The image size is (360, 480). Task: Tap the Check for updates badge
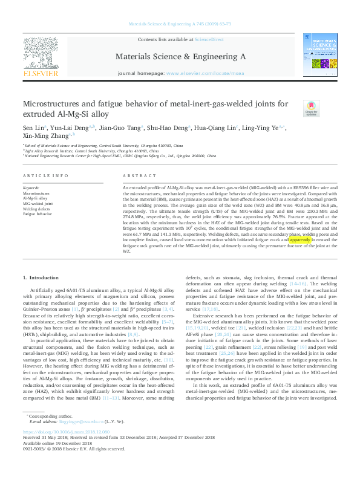pyautogui.click(x=312, y=110)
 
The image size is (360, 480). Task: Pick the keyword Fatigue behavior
pyautogui.click(x=37, y=215)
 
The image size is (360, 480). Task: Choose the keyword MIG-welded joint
pyautogui.click(x=37, y=204)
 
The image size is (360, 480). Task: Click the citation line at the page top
pyautogui.click(x=180, y=24)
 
